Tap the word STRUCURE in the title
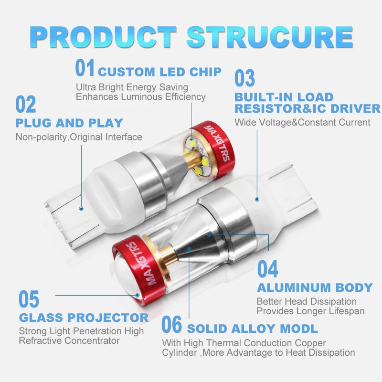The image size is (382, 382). pos(270,37)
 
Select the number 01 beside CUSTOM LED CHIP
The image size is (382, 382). pos(85,68)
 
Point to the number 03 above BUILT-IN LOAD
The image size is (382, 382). pos(244,78)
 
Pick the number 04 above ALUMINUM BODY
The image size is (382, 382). pos(267,269)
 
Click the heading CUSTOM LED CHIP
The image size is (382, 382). pos(159,72)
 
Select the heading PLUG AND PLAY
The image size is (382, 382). pos(69,123)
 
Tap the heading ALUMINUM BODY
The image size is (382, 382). pos(315,288)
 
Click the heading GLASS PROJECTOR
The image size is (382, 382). pos(84,318)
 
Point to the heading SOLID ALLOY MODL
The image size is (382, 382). pos(252,329)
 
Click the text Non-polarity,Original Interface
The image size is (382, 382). pos(79,138)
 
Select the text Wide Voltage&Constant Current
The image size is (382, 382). pos(302,123)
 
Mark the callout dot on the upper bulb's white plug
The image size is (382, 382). pos(81,208)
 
